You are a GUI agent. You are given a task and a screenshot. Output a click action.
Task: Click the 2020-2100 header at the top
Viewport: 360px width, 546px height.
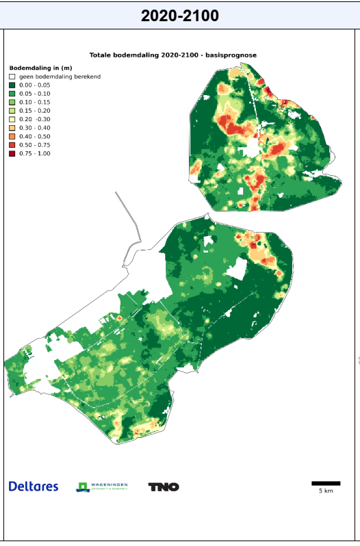(x=180, y=15)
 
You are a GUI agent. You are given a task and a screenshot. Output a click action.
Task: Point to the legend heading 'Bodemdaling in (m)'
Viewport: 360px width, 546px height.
(x=40, y=68)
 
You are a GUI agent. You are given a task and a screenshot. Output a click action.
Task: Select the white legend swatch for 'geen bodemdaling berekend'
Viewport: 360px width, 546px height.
(x=12, y=77)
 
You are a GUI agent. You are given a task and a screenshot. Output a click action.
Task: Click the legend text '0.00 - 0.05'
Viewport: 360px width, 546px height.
(x=35, y=85)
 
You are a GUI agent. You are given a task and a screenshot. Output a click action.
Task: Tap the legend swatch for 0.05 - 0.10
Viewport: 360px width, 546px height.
(x=12, y=94)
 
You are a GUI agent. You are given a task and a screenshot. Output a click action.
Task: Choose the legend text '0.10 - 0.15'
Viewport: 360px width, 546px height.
(x=35, y=102)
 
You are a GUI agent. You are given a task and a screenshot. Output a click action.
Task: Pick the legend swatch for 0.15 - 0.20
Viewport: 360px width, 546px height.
(x=12, y=111)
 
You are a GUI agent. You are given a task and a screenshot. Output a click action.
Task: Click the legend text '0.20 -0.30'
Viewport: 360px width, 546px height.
(x=35, y=119)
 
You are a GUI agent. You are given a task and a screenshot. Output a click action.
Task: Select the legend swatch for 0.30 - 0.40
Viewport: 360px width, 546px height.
(x=12, y=128)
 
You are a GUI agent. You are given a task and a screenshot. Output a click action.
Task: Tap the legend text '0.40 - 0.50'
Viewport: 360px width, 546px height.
(x=35, y=136)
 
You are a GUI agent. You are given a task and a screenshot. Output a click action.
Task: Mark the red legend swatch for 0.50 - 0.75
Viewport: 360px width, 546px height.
(x=12, y=145)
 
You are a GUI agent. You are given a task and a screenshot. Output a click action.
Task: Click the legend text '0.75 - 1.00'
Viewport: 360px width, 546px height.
(x=35, y=153)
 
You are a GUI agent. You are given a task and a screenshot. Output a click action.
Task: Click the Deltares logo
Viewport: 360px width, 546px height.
(x=34, y=486)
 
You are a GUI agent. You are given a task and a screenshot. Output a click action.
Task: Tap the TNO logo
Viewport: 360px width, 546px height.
(x=164, y=487)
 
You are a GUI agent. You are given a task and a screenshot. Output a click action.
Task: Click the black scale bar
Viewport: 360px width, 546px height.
(x=326, y=484)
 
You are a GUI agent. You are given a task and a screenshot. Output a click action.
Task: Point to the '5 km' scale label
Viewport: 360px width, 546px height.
(x=326, y=491)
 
